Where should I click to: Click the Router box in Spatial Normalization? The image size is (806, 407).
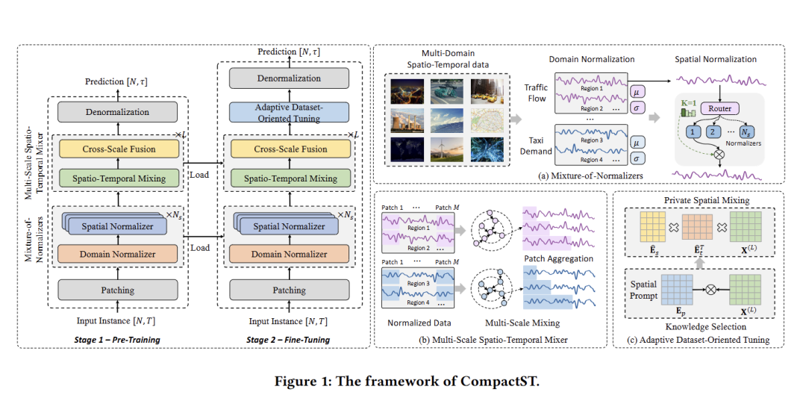719,108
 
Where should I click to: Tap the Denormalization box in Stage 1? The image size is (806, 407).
117,112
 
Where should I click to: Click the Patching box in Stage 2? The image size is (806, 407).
289,290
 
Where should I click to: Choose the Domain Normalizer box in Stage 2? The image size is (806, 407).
289,254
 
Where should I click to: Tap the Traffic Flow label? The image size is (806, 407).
535,93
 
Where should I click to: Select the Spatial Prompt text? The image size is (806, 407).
643,290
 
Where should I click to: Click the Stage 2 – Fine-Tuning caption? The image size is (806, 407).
288,340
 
